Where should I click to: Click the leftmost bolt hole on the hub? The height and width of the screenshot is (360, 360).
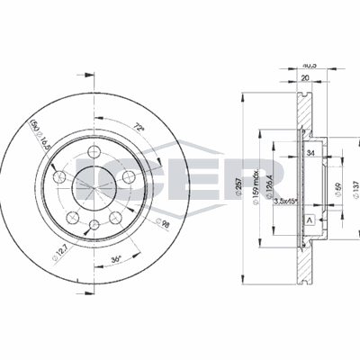pos(60,177)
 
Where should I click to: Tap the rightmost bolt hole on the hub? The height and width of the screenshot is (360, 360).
pos(129,178)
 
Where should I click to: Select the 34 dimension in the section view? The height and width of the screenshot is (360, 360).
pos(310,154)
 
